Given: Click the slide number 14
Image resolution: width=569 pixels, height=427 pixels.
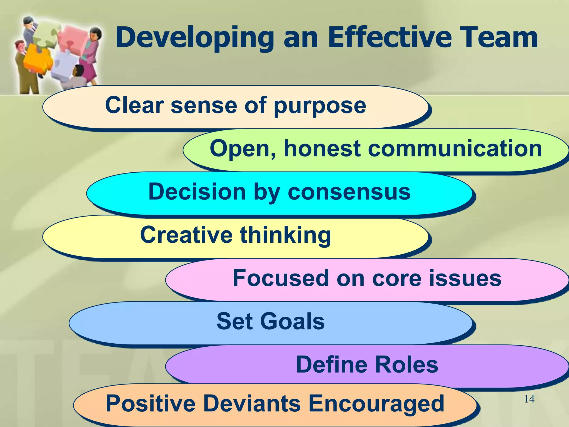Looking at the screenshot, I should tap(529, 399).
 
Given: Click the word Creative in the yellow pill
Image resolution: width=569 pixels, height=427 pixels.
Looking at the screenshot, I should tap(186, 235).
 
